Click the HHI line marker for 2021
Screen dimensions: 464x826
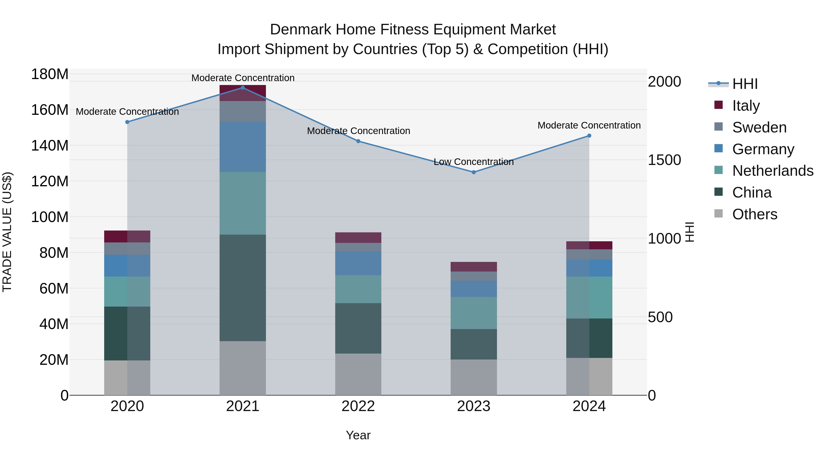[243, 88]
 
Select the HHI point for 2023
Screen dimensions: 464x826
[474, 172]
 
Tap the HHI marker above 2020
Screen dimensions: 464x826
[127, 122]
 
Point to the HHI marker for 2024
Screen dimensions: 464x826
[589, 136]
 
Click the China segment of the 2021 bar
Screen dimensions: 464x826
[243, 288]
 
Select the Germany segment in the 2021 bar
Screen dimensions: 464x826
[243, 147]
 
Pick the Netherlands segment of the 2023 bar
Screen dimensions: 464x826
[474, 313]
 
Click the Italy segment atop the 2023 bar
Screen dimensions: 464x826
[474, 266]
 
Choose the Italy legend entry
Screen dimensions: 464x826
[746, 105]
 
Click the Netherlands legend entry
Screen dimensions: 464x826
[773, 171]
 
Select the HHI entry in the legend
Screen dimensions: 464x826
[745, 84]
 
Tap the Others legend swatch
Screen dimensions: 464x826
[719, 214]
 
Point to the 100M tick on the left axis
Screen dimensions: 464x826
[50, 217]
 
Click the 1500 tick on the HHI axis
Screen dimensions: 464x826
[664, 160]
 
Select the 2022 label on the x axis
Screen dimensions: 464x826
[358, 406]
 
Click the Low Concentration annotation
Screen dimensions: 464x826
[474, 162]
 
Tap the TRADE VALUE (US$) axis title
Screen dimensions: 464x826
[7, 232]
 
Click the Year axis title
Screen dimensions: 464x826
[358, 435]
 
